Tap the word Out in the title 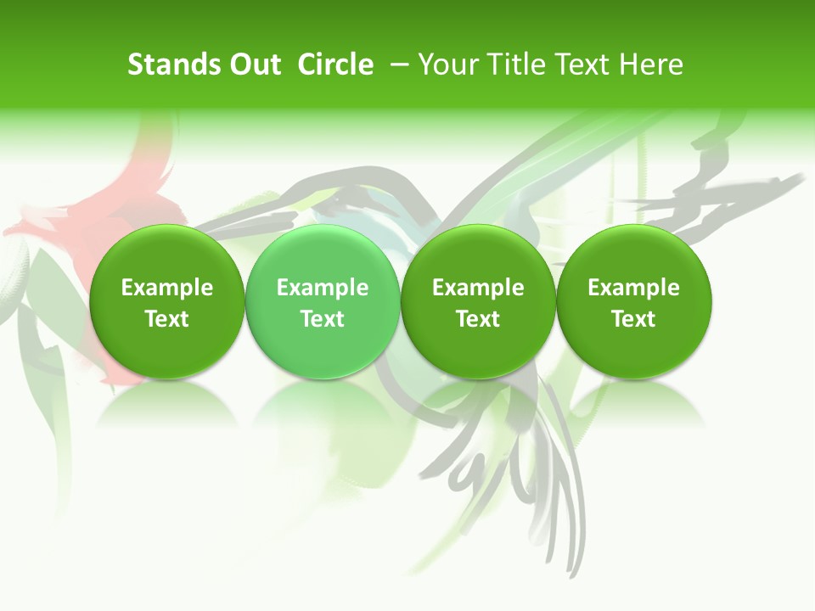click(x=253, y=64)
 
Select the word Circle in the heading click(x=335, y=64)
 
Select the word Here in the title click(x=651, y=64)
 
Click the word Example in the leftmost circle click(x=167, y=288)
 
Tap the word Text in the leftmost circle click(x=167, y=319)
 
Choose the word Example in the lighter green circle click(x=323, y=288)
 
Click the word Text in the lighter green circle click(x=323, y=319)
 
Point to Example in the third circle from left click(x=478, y=288)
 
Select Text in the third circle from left click(x=478, y=319)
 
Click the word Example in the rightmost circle click(x=634, y=288)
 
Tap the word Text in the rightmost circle click(x=634, y=319)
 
